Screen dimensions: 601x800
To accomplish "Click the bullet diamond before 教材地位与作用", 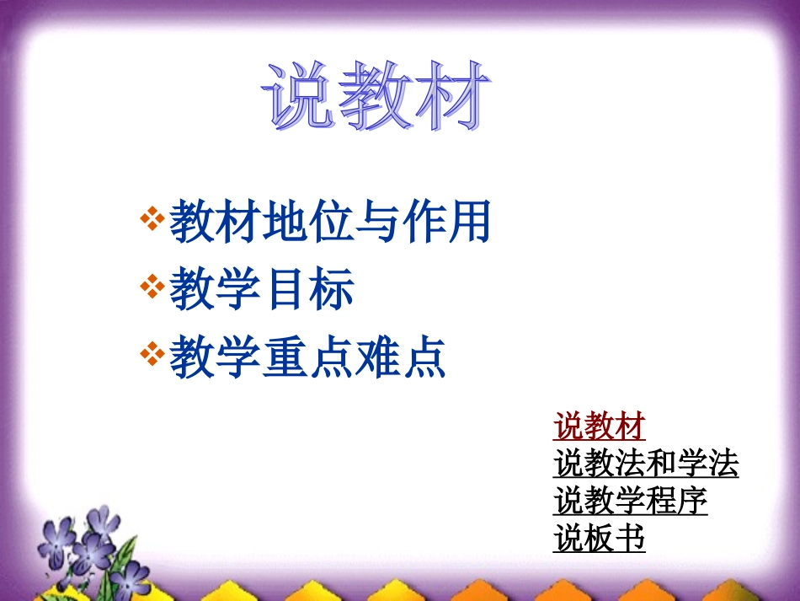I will [x=152, y=220].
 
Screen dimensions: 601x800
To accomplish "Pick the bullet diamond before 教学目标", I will [x=152, y=287].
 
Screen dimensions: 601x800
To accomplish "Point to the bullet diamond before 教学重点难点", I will [x=152, y=354].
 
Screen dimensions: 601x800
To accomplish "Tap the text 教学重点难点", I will [x=307, y=357].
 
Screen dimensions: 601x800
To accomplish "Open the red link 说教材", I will [x=599, y=427].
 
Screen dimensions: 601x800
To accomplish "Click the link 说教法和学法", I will [x=646, y=464].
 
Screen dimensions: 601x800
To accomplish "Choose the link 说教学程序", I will [x=630, y=501].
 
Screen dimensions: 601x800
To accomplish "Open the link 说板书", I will [x=599, y=537].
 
